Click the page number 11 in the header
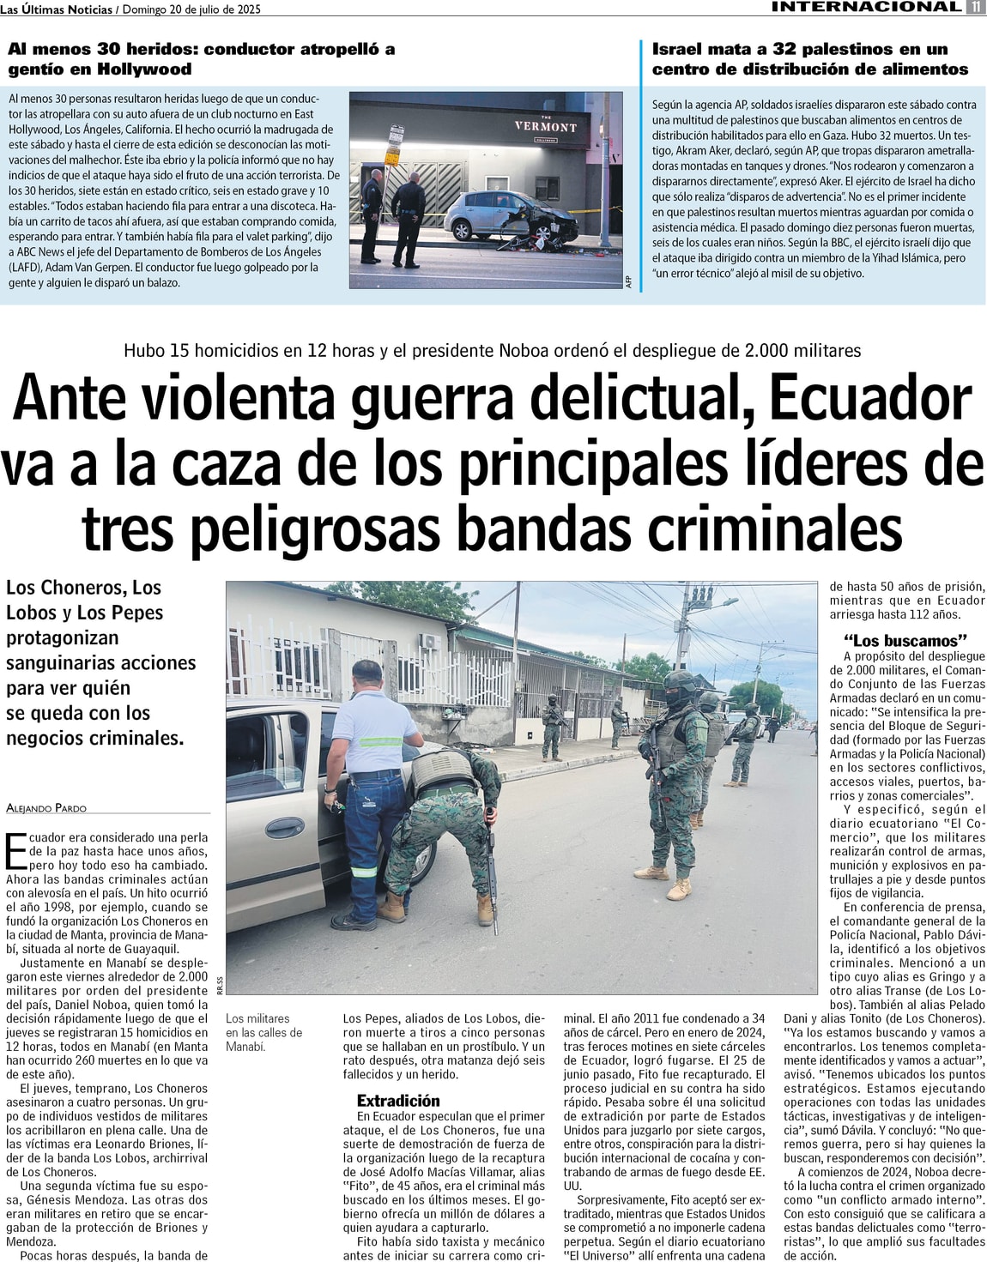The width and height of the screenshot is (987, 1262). point(976,7)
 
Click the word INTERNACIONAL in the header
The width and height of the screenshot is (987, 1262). point(866,7)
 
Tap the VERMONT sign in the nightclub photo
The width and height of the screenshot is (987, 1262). point(546,126)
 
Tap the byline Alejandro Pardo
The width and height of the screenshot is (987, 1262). point(46,808)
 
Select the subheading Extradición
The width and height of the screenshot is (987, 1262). point(397,1101)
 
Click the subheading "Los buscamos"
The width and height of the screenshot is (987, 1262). point(905,641)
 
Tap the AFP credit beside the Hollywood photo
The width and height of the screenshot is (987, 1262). point(629,281)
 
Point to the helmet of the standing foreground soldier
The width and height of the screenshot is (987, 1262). point(681,684)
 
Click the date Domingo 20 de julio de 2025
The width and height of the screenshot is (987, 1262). point(191,9)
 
